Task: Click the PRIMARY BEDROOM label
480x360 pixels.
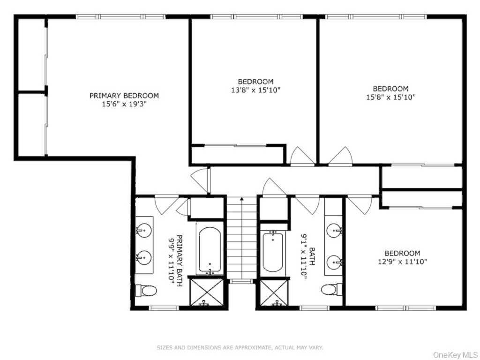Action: [x=124, y=96]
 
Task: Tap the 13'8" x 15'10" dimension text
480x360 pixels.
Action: [x=255, y=90]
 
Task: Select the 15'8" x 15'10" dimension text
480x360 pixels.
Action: [x=390, y=97]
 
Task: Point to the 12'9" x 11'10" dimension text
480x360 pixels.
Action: [x=403, y=262]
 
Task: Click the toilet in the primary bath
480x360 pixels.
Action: [x=146, y=290]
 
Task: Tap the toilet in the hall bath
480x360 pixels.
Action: [x=331, y=289]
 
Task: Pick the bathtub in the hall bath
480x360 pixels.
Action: [x=273, y=252]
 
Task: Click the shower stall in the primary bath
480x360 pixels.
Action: [x=207, y=292]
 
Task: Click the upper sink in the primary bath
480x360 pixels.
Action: [x=144, y=229]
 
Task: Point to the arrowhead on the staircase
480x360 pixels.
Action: [x=242, y=199]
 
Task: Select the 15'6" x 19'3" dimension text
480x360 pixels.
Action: [x=124, y=104]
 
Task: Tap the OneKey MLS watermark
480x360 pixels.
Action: [x=456, y=355]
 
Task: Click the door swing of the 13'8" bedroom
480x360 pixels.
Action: [x=302, y=156]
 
